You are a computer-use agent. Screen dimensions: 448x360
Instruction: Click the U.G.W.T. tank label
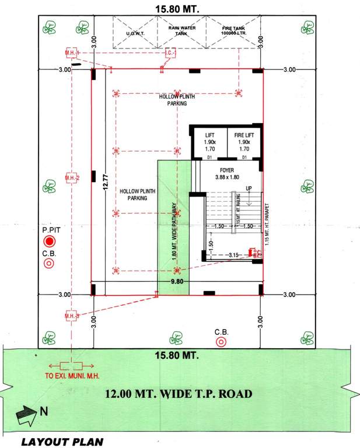(135, 33)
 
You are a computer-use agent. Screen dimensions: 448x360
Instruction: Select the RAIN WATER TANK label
(181, 31)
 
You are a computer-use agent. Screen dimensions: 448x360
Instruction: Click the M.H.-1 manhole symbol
(72, 54)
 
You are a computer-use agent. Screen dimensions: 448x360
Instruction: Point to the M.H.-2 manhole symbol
(72, 177)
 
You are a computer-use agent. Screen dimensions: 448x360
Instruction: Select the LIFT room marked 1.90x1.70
(210, 142)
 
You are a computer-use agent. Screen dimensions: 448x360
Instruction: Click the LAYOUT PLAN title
(62, 442)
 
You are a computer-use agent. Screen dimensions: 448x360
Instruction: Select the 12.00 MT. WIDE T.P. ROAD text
(179, 394)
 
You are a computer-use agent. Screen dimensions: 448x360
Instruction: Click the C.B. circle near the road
(221, 342)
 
